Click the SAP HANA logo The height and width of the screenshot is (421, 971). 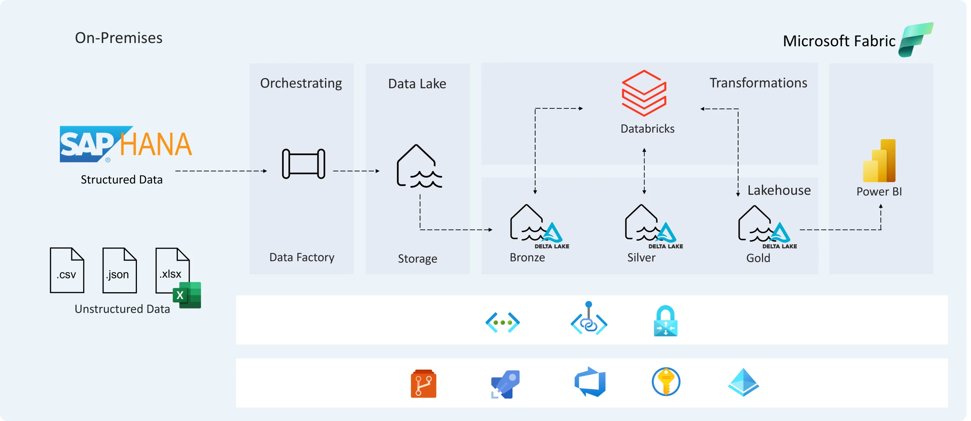pyautogui.click(x=126, y=144)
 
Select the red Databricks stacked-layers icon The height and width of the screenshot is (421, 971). pyautogui.click(x=644, y=93)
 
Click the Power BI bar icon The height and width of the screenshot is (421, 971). pyautogui.click(x=879, y=161)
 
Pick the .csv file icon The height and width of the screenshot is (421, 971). pyautogui.click(x=67, y=270)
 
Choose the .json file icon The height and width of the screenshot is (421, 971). pyautogui.click(x=119, y=270)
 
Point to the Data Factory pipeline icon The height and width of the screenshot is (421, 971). pyautogui.click(x=303, y=164)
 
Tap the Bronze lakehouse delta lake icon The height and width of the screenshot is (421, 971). pyautogui.click(x=536, y=224)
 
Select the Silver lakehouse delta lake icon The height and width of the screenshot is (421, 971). pyautogui.click(x=650, y=224)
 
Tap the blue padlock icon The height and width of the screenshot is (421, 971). pyautogui.click(x=665, y=321)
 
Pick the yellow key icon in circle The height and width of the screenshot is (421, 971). pyautogui.click(x=666, y=382)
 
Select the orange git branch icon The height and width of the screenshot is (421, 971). pyautogui.click(x=423, y=383)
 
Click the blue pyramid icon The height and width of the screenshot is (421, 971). pyautogui.click(x=743, y=382)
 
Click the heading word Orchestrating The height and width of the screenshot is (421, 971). pyautogui.click(x=301, y=83)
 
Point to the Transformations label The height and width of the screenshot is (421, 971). pyautogui.click(x=758, y=83)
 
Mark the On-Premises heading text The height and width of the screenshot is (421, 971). pyautogui.click(x=118, y=38)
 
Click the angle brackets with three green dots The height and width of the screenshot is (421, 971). pyautogui.click(x=503, y=322)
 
